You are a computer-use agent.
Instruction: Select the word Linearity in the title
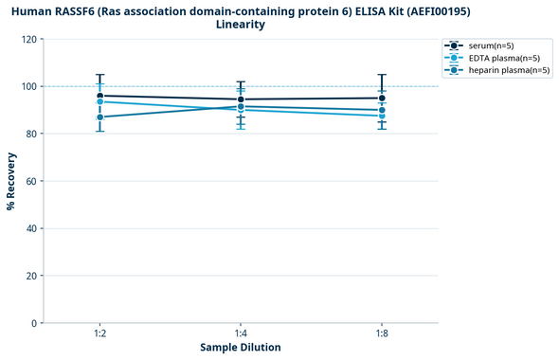click(241, 25)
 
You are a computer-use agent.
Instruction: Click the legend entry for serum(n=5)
click(495, 45)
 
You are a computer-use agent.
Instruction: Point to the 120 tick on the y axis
click(27, 39)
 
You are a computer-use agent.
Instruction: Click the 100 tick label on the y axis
click(27, 86)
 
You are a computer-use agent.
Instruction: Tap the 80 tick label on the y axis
click(30, 134)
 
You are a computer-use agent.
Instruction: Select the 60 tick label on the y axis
click(30, 181)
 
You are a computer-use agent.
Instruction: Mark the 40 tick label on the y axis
click(30, 228)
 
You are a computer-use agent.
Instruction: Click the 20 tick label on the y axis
click(30, 276)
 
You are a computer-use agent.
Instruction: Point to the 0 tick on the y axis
click(33, 323)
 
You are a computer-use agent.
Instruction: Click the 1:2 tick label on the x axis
click(99, 333)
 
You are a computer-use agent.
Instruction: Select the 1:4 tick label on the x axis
click(241, 333)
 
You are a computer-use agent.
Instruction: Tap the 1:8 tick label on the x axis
click(382, 333)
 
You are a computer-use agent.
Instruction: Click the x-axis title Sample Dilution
click(241, 348)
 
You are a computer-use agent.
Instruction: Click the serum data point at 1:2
click(99, 96)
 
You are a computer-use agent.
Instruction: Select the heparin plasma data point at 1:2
click(99, 117)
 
